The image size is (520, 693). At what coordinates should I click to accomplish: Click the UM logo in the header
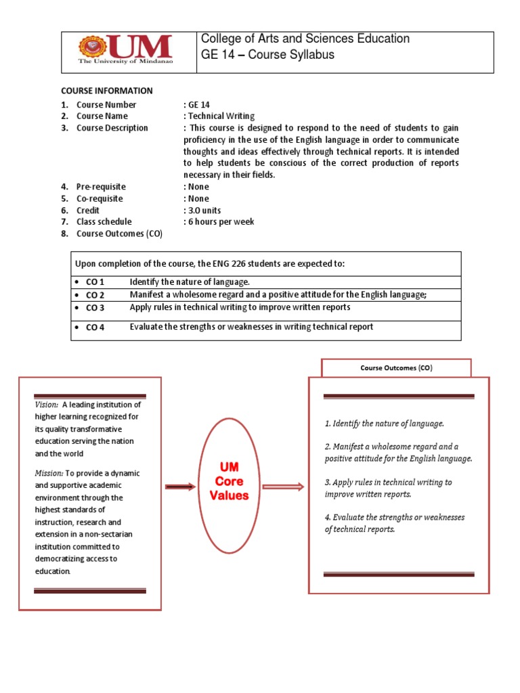(125, 51)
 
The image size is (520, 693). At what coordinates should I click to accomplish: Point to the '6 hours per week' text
(221, 222)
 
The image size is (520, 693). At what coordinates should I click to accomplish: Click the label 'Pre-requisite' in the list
(101, 187)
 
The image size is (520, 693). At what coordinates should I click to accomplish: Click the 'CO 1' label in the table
(95, 282)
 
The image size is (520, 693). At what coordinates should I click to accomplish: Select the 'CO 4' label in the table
(95, 328)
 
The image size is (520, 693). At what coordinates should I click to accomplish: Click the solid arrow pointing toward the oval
(179, 487)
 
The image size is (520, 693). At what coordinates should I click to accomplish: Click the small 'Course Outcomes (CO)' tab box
(395, 368)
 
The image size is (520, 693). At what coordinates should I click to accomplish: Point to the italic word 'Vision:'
(47, 405)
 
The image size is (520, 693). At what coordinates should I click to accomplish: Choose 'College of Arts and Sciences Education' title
(305, 39)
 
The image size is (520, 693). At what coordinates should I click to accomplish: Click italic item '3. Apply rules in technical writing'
(388, 483)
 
